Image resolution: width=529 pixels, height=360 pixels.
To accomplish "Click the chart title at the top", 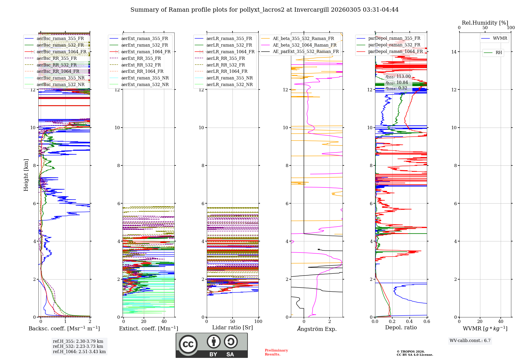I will [264, 10].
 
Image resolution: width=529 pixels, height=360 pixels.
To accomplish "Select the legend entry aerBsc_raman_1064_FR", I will [61, 52].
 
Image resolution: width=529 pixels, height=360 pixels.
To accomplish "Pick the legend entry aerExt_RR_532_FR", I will [141, 65].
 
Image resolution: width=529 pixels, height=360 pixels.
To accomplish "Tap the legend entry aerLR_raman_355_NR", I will [229, 78].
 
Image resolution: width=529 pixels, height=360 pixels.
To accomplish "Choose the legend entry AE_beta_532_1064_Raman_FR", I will [304, 45].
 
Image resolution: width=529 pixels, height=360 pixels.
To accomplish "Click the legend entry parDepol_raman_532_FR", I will [394, 45].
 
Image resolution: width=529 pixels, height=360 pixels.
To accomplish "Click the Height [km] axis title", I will [26, 175].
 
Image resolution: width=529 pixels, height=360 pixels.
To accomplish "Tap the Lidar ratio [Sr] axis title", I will [232, 327].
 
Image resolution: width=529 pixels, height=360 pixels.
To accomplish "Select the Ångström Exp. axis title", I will [317, 329].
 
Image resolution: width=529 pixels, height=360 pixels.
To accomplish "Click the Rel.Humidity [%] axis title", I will [485, 23].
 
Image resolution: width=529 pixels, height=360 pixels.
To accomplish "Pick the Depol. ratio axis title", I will [401, 327].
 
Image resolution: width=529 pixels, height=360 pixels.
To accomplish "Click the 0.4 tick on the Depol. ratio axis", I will [409, 321].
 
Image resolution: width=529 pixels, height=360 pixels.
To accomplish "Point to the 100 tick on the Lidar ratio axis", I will [258, 321].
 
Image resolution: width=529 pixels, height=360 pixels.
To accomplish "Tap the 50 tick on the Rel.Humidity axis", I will [485, 28].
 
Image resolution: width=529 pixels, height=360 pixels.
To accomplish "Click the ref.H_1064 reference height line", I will [79, 352].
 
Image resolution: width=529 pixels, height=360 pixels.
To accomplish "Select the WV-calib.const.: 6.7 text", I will [470, 340].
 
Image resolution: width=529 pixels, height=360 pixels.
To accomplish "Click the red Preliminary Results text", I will [276, 352].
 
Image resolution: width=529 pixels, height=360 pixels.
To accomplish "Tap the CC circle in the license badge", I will [188, 344].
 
